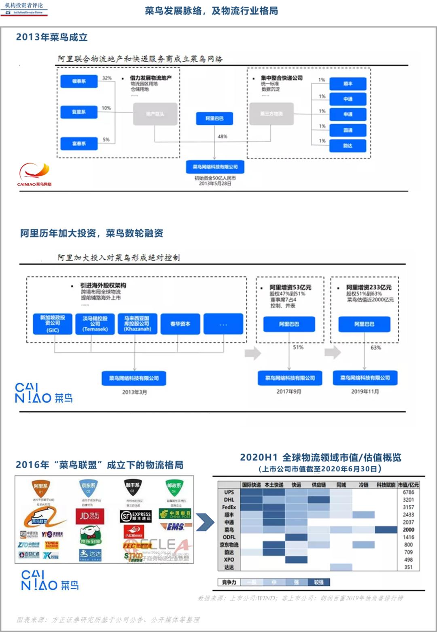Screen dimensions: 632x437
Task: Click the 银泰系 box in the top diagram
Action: (79, 81)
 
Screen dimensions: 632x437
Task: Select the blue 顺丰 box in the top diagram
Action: (348, 84)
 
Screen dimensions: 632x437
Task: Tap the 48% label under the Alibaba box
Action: (223, 137)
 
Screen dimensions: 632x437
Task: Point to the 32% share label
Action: (107, 78)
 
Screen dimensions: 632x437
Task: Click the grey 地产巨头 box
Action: (155, 114)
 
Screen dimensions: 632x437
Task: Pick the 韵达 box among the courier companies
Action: (348, 146)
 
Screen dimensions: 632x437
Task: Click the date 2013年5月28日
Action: (215, 184)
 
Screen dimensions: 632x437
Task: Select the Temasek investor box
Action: (95, 324)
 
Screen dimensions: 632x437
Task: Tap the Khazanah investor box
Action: (137, 324)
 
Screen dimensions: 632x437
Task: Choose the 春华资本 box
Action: (180, 324)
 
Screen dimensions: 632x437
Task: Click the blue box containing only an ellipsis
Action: (223, 324)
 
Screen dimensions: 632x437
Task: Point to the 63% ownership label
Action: (375, 348)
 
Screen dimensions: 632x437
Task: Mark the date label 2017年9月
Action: (289, 392)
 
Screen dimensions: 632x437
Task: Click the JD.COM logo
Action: (90, 516)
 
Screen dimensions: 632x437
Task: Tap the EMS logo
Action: (175, 527)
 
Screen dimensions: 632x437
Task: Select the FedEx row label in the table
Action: (229, 507)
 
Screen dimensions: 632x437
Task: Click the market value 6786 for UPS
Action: (408, 492)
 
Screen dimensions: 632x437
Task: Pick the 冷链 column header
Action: (363, 485)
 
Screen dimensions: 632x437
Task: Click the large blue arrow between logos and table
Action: (205, 522)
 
